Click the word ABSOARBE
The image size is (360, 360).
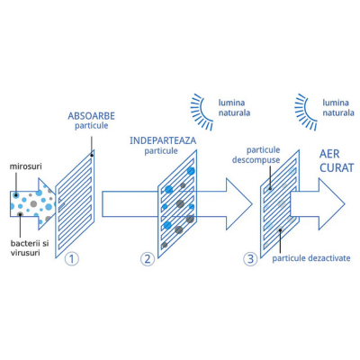(x=91, y=116)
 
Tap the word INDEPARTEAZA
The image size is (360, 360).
(x=163, y=140)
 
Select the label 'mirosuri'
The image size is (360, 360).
(x=25, y=166)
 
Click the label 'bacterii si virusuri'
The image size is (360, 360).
(x=30, y=247)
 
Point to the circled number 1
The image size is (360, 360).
(x=72, y=259)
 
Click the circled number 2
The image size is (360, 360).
(x=148, y=259)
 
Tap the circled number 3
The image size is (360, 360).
(x=250, y=259)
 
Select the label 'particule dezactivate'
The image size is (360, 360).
(x=311, y=258)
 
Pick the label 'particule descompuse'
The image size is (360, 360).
(x=256, y=155)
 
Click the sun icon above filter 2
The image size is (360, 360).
(x=202, y=112)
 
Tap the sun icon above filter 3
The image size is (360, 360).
(x=306, y=112)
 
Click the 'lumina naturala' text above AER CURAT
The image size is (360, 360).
(x=338, y=108)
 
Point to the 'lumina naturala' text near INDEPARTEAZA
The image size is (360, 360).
(x=234, y=108)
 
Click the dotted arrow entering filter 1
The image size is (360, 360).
(x=33, y=204)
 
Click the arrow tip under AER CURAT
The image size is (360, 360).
(x=346, y=204)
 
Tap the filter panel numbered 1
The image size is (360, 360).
(x=75, y=203)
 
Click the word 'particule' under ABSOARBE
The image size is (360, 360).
(x=91, y=126)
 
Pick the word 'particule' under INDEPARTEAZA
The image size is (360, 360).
(x=161, y=150)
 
